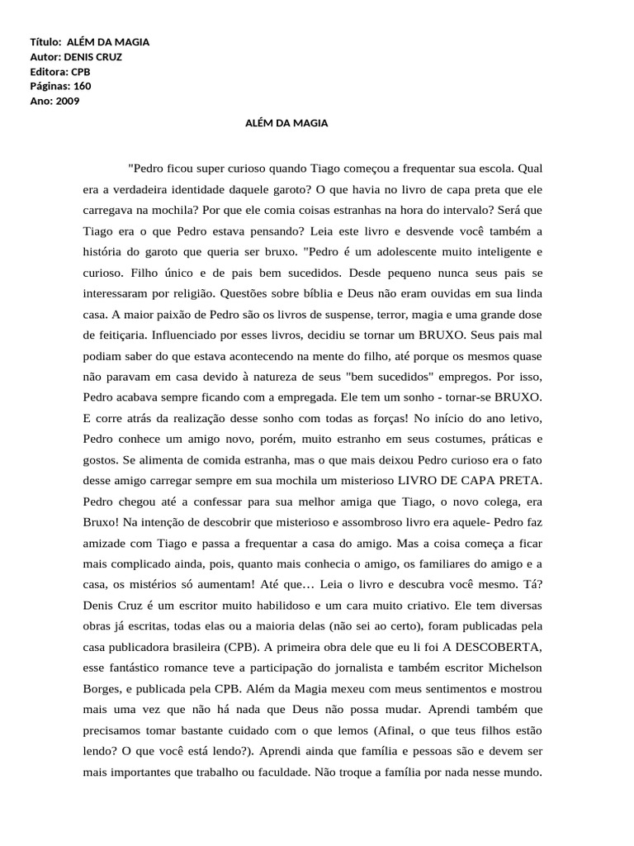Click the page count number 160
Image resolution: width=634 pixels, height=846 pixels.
(83, 86)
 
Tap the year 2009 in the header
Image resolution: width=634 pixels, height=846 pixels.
(69, 101)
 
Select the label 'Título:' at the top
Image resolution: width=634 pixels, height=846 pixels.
(46, 41)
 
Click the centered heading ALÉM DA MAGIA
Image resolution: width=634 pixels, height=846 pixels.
(287, 123)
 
